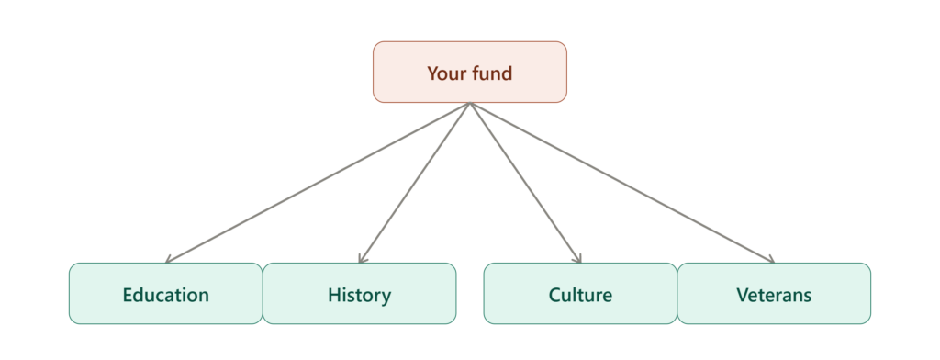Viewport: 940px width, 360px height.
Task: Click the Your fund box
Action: pyautogui.click(x=469, y=72)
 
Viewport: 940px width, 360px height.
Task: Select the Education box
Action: pyautogui.click(x=165, y=293)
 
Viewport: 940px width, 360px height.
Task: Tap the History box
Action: pyautogui.click(x=359, y=293)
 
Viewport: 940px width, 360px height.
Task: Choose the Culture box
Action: pyautogui.click(x=580, y=293)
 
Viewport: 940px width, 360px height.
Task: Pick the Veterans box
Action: pyautogui.click(x=774, y=293)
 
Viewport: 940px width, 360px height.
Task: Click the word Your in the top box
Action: pyautogui.click(x=447, y=73)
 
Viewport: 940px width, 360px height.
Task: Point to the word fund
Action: pyautogui.click(x=492, y=73)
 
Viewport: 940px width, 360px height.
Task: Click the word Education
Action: pyautogui.click(x=165, y=295)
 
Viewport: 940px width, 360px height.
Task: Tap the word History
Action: pyautogui.click(x=359, y=296)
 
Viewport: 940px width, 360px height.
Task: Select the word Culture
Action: pyautogui.click(x=580, y=295)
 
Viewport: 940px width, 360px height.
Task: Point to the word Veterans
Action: pyautogui.click(x=774, y=295)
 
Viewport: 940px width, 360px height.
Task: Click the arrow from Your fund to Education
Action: pyautogui.click(x=318, y=183)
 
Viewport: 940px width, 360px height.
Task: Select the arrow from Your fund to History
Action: pyautogui.click(x=414, y=183)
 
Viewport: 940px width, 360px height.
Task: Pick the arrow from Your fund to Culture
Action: pyautogui.click(x=526, y=183)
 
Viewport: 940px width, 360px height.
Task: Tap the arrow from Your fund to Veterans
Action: pyautogui.click(x=622, y=183)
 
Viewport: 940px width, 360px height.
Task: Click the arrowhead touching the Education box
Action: pyautogui.click(x=169, y=259)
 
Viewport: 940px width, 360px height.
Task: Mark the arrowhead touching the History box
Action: pyautogui.click(x=362, y=258)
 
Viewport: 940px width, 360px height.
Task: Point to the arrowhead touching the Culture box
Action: pyautogui.click(x=578, y=258)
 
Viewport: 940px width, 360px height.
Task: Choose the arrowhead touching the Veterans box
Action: pyautogui.click(x=770, y=259)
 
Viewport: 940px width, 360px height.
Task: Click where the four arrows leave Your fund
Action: pyautogui.click(x=470, y=103)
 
